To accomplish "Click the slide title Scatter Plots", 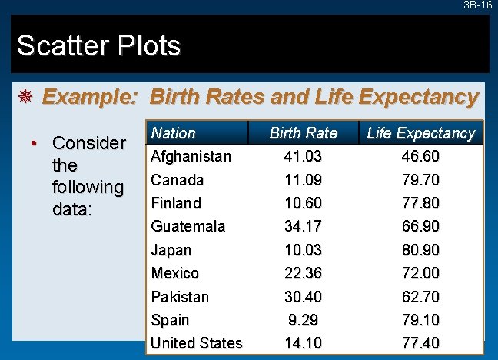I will click(x=98, y=46).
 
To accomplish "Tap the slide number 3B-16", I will click(x=478, y=5).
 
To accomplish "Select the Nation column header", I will click(x=174, y=133).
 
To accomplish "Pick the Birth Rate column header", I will click(x=304, y=133).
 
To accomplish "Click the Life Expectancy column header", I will click(x=420, y=133).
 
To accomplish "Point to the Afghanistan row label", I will click(x=191, y=157).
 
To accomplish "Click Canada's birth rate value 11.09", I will click(x=304, y=180).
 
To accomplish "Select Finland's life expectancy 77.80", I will click(x=420, y=203).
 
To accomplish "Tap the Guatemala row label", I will click(x=188, y=226).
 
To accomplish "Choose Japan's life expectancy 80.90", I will click(x=420, y=250).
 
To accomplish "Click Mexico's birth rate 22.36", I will click(x=304, y=273).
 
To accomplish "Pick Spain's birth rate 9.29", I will click(x=304, y=319).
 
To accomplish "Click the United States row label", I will click(x=197, y=343).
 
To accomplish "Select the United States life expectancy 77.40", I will click(x=420, y=343).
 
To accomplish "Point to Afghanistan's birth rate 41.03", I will click(x=304, y=157).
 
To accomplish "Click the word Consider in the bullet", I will click(x=88, y=144).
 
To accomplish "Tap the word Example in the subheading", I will click(x=88, y=98).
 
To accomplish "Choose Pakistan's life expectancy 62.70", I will click(x=420, y=296).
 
